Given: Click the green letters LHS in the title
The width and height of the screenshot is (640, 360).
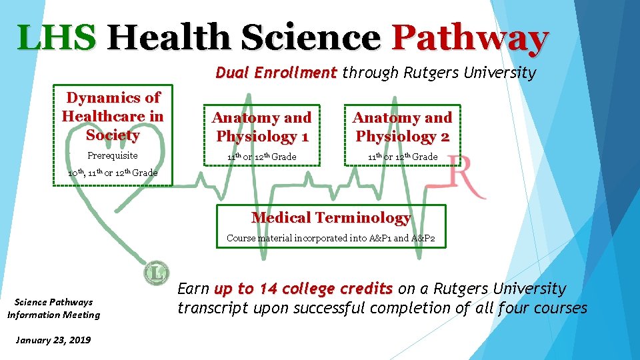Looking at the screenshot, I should pos(57,37).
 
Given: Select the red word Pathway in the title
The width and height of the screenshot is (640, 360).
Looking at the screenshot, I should pos(470,39).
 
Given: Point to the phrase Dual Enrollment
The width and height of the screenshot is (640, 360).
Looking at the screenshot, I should pos(276,72).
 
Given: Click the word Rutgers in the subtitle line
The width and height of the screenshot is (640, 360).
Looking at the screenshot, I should pos(431,72).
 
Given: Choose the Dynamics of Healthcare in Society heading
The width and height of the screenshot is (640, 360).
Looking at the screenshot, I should pos(113,117).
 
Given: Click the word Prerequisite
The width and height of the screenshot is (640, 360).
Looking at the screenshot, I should pos(113,155).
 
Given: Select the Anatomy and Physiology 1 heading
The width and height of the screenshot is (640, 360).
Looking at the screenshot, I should pos(261,127).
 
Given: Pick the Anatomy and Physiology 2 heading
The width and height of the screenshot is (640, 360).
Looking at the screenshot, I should pos(402,127).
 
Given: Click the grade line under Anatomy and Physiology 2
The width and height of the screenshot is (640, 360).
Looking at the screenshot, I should pos(402,157).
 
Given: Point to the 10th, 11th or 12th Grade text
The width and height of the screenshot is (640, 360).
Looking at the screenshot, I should pos(113,173).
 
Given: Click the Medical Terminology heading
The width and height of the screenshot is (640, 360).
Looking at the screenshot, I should pos(331,217).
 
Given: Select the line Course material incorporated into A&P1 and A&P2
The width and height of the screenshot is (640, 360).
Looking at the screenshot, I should pos(331,238).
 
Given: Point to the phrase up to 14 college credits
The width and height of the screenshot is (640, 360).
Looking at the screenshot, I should pos(303,289).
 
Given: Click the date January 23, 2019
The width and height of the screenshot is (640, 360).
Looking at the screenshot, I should pos(52,340).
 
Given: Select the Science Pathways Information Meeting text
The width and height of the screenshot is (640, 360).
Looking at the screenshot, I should pos(53,309).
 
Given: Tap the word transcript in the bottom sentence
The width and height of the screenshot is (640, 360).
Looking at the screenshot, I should pos(212,308).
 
